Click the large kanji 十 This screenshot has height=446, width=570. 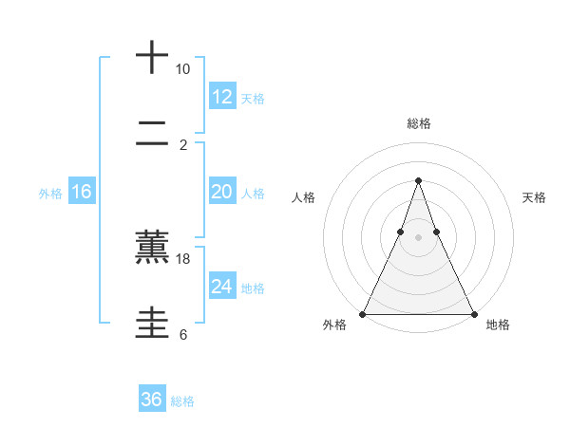tap(152, 59)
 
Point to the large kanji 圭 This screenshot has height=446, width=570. tap(152, 324)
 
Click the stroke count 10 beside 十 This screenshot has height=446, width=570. tap(182, 69)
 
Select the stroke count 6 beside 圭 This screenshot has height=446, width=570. tap(182, 334)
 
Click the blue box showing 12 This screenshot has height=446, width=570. tap(221, 97)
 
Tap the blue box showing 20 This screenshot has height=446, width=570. tap(221, 192)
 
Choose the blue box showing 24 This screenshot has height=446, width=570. tap(221, 287)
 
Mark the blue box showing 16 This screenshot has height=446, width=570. tap(81, 192)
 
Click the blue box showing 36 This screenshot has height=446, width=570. tap(151, 400)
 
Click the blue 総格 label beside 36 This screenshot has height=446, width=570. tap(182, 401)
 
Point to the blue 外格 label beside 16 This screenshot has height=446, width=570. tap(50, 194)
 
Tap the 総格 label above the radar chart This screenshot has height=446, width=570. tap(419, 123)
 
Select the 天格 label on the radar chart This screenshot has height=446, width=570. tap(535, 197)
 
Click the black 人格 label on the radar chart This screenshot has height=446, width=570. tap(304, 197)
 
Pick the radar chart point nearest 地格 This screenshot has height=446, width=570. tap(473, 313)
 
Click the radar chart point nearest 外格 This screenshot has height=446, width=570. tap(363, 313)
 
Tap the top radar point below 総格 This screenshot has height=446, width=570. tap(418, 180)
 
